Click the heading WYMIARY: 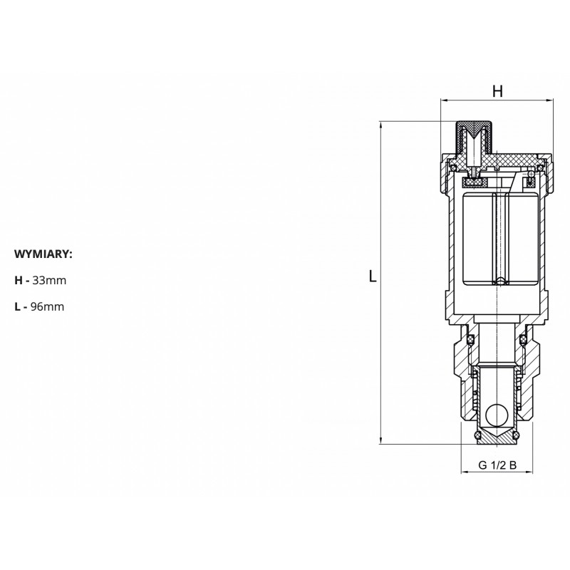pyautogui.click(x=43, y=254)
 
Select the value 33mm pyautogui.click(x=49, y=280)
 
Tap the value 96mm pyautogui.click(x=47, y=306)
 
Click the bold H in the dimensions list pyautogui.click(x=19, y=280)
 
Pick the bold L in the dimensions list pyautogui.click(x=17, y=306)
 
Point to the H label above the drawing pyautogui.click(x=497, y=91)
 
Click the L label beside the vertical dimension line pyautogui.click(x=373, y=276)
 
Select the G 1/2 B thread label pyautogui.click(x=497, y=465)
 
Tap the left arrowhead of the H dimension pyautogui.click(x=444, y=100)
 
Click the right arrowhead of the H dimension pyautogui.click(x=549, y=100)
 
